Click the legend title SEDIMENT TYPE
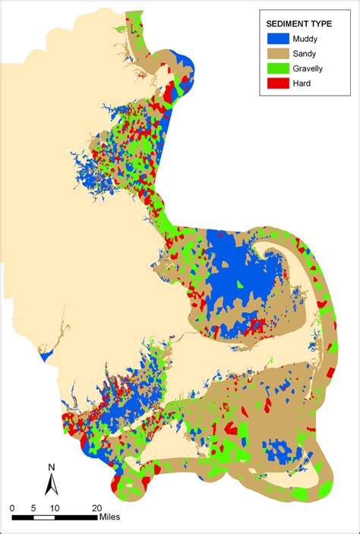(298, 24)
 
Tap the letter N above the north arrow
(51, 467)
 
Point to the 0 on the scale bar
(12, 507)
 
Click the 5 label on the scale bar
(33, 507)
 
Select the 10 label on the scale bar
(55, 507)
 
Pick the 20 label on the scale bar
(96, 507)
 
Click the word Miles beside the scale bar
(110, 517)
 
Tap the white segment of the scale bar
(44, 517)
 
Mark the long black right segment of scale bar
(76, 517)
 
